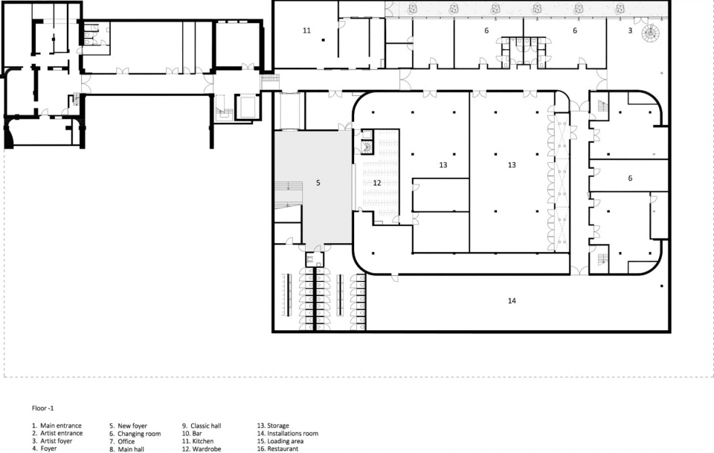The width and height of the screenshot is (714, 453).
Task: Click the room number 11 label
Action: coord(306,30)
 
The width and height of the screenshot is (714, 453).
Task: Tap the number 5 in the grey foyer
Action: coord(318,183)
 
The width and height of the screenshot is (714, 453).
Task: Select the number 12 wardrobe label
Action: coord(376,183)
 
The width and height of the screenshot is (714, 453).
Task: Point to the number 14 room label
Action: coord(512,301)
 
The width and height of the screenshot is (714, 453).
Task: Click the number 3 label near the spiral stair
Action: coord(630,30)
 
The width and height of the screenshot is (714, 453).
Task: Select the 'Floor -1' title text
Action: coord(42,408)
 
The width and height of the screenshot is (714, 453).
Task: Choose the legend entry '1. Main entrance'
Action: coord(57,425)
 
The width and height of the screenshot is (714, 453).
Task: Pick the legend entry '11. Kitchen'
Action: coord(198,440)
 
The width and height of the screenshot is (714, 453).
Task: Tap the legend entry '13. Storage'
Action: coord(273,425)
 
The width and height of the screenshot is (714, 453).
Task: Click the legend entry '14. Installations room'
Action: coord(287,434)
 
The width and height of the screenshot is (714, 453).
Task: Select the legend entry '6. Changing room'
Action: coord(135,434)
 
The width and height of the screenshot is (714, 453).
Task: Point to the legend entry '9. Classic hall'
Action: coord(202,425)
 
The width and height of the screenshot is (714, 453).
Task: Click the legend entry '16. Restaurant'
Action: coord(277,449)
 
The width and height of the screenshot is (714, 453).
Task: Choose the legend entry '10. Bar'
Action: coord(192,434)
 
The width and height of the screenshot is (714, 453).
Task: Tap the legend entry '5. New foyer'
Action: coord(128,425)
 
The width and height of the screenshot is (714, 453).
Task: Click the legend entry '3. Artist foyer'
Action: coord(52,440)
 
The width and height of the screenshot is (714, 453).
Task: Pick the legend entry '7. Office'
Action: coord(122,440)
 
